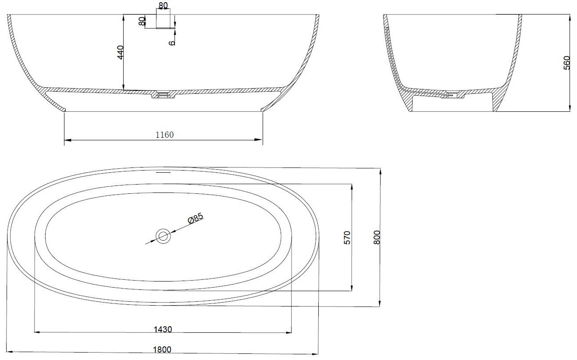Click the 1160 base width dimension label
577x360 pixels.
point(164,135)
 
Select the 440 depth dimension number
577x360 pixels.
point(120,52)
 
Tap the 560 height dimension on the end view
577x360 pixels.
point(567,63)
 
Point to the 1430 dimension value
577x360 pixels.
point(163,329)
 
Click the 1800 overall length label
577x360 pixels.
point(162,349)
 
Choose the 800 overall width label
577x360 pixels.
point(377,237)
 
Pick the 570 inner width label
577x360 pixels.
point(347,238)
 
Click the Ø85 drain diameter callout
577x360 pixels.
point(196,218)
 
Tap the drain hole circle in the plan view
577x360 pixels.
point(163,236)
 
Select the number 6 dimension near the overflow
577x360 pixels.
point(172,43)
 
